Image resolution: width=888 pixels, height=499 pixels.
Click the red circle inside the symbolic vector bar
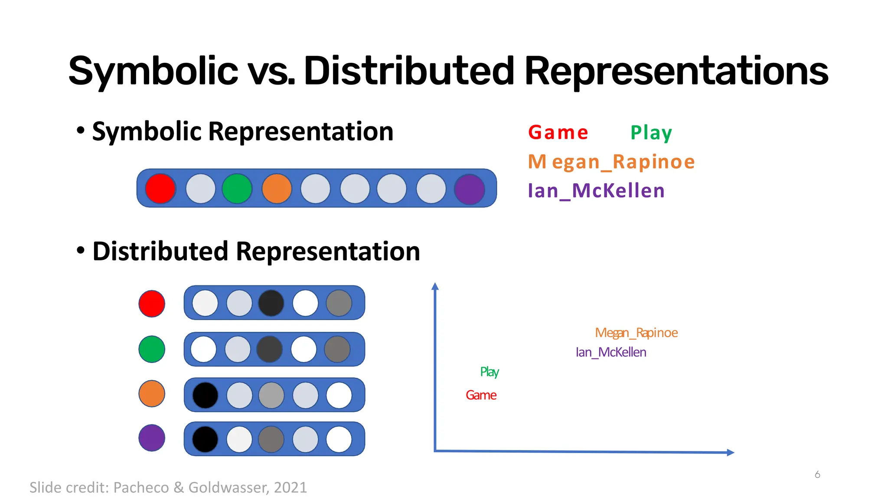tap(160, 188)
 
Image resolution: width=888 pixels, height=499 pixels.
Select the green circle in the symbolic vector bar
tap(237, 188)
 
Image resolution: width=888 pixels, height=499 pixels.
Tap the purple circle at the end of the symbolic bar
tap(470, 189)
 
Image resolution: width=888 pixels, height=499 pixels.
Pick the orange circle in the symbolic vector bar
tap(277, 188)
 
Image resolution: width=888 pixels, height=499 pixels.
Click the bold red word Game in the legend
tap(558, 133)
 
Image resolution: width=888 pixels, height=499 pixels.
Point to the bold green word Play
tap(651, 133)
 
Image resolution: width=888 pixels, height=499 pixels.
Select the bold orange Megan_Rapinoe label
tap(611, 162)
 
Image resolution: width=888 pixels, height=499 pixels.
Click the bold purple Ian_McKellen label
tap(596, 191)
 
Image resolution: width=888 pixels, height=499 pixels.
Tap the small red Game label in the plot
tap(481, 395)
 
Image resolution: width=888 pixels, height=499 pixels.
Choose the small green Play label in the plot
tap(490, 372)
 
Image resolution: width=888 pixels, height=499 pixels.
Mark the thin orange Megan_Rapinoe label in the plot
tap(636, 333)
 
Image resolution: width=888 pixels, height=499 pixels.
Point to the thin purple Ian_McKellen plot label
tap(611, 352)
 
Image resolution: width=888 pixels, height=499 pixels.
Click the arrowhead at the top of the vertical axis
tap(435, 286)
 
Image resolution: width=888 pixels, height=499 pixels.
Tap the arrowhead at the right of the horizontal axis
tap(730, 452)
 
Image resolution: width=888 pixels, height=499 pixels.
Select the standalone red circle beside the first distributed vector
tap(152, 304)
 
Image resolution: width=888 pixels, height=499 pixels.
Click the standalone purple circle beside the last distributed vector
tap(152, 438)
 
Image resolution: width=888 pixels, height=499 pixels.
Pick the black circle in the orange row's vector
tap(205, 395)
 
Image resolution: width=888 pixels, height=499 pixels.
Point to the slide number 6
tap(817, 474)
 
